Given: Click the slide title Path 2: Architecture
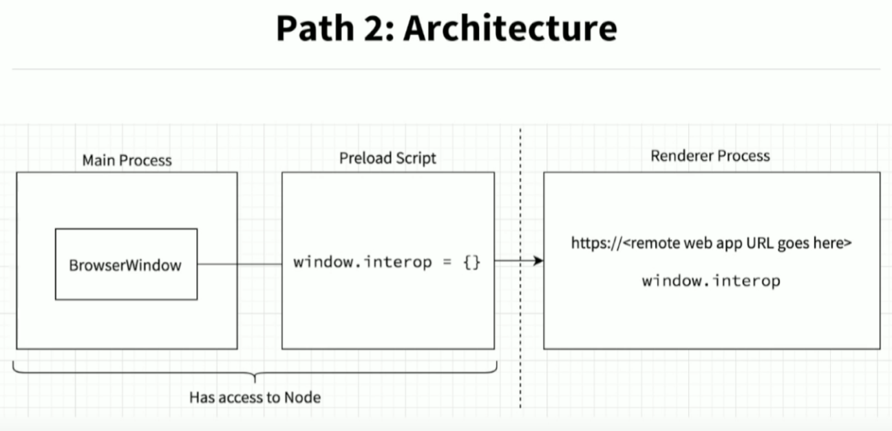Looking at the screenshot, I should pyautogui.click(x=446, y=28).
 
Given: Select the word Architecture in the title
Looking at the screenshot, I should pyautogui.click(x=510, y=28).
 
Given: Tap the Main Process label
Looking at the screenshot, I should pyautogui.click(x=127, y=160).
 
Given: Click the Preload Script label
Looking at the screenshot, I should pyautogui.click(x=387, y=158).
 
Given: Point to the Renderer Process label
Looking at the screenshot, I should pyautogui.click(x=710, y=156).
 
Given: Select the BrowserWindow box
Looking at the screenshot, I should pyautogui.click(x=126, y=264).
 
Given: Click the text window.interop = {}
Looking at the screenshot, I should pyautogui.click(x=386, y=262).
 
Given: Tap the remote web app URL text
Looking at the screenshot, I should pyautogui.click(x=712, y=243).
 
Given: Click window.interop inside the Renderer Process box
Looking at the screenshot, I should pyautogui.click(x=711, y=280).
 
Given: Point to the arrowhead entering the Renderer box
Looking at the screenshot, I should pyautogui.click(x=538, y=261).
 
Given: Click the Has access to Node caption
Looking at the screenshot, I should pyautogui.click(x=255, y=397).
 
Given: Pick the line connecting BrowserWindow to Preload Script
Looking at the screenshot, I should pyautogui.click(x=239, y=264).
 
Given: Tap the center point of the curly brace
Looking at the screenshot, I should pyautogui.click(x=255, y=377).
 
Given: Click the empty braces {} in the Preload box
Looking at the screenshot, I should pyautogui.click(x=471, y=262).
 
